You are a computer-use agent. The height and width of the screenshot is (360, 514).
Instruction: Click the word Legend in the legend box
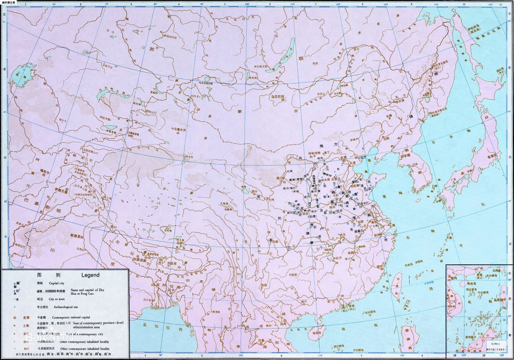coord(90,275)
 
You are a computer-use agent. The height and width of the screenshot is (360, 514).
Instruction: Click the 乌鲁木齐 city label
coord(181,129)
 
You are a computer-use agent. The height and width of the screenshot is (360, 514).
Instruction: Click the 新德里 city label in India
coord(77,235)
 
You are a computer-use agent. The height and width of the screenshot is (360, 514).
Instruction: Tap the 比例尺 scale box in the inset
coord(493,344)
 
